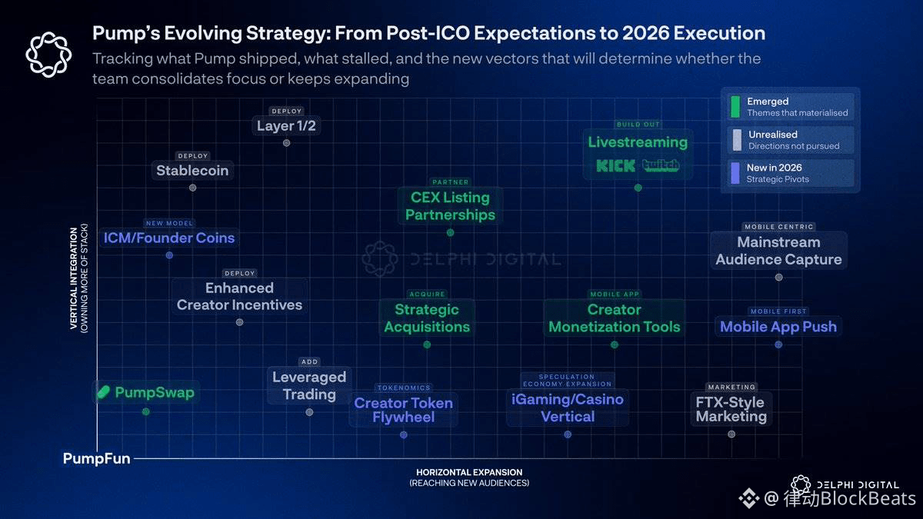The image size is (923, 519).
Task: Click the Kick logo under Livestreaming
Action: point(615,165)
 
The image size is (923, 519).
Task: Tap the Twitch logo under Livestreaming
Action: point(661,165)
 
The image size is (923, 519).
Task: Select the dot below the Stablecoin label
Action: point(192,188)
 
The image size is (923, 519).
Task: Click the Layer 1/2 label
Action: point(286,126)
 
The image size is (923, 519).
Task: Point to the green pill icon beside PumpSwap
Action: point(104,393)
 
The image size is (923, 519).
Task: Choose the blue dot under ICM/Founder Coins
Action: point(169,255)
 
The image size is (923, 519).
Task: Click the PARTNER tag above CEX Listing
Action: point(450,182)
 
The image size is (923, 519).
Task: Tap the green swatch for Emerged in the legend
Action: point(736,106)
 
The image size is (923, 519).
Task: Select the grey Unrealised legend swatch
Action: point(736,139)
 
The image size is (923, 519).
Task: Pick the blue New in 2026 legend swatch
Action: point(736,173)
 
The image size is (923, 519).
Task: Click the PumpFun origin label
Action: point(96,459)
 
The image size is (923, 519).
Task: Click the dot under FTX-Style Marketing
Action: point(731,434)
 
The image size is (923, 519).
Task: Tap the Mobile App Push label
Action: point(778,327)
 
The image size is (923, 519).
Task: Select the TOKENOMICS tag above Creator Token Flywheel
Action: point(404,388)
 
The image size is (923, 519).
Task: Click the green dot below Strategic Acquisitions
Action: point(427,344)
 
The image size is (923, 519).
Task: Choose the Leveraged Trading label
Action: point(309,386)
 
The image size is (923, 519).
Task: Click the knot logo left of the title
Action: point(48,55)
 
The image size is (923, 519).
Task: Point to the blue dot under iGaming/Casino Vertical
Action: point(568,434)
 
